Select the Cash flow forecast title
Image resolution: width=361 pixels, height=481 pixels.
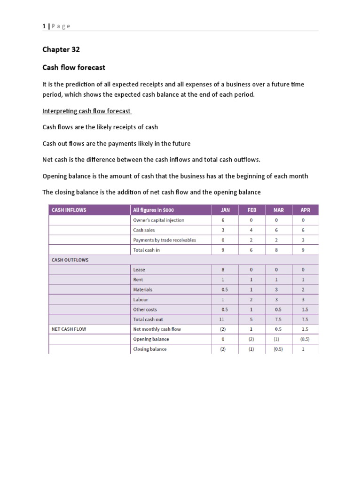point(74,68)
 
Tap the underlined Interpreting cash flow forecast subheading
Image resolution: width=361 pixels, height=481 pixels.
point(87,111)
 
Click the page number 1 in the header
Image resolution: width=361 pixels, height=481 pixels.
point(44,26)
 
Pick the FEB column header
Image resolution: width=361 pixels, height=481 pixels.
point(252,210)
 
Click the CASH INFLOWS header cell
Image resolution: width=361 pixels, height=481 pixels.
point(69,210)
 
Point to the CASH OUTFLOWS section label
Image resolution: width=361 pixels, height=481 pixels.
point(70,259)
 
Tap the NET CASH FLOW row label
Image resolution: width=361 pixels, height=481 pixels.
point(70,329)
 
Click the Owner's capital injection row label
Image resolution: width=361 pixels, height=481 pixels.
point(159,220)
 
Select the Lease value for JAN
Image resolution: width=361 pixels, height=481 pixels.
point(223,270)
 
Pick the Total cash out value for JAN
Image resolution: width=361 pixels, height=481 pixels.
point(223,319)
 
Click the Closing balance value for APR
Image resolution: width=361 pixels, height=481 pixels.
point(303,349)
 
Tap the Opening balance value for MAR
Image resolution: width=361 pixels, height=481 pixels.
point(276,339)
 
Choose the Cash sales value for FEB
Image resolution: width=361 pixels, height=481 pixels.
point(251,230)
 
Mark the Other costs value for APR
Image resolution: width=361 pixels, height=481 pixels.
point(303,310)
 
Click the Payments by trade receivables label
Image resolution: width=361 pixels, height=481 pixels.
point(165,240)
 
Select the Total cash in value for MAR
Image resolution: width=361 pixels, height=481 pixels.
point(276,250)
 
